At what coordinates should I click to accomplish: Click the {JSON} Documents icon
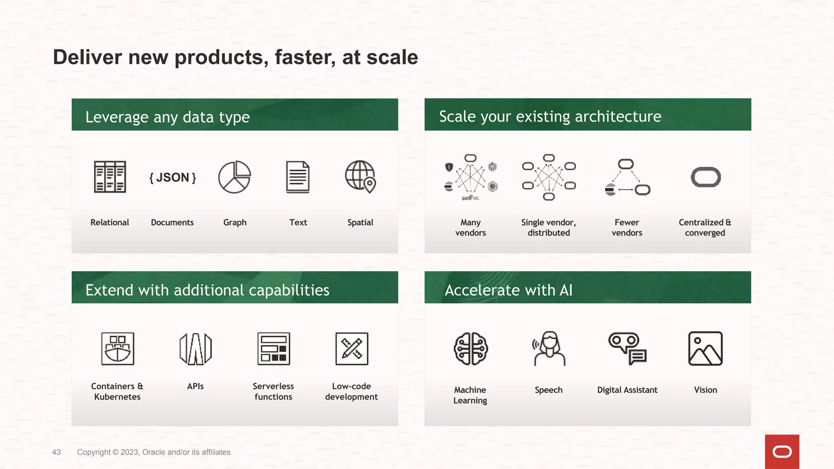click(173, 178)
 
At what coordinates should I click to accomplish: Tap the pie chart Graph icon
click(235, 177)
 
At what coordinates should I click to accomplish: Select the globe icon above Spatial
click(360, 177)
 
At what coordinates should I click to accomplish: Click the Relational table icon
click(110, 177)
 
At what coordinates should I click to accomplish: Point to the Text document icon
click(298, 177)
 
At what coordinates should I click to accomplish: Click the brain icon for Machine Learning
click(471, 348)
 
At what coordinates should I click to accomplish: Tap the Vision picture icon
click(705, 348)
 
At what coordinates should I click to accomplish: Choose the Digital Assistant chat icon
click(627, 348)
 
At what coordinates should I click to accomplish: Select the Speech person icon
click(549, 348)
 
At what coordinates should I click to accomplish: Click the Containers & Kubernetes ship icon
click(117, 348)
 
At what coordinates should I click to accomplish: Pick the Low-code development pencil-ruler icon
click(351, 348)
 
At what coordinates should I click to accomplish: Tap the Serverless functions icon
click(274, 348)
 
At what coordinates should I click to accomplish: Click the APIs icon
click(195, 348)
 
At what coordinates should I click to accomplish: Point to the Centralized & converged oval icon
click(706, 177)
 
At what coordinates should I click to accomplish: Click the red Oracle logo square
click(782, 451)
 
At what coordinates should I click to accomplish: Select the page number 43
click(56, 452)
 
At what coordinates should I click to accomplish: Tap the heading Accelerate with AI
click(508, 290)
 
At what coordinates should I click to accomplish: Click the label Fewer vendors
click(627, 228)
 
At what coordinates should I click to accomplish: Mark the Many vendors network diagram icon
click(470, 178)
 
